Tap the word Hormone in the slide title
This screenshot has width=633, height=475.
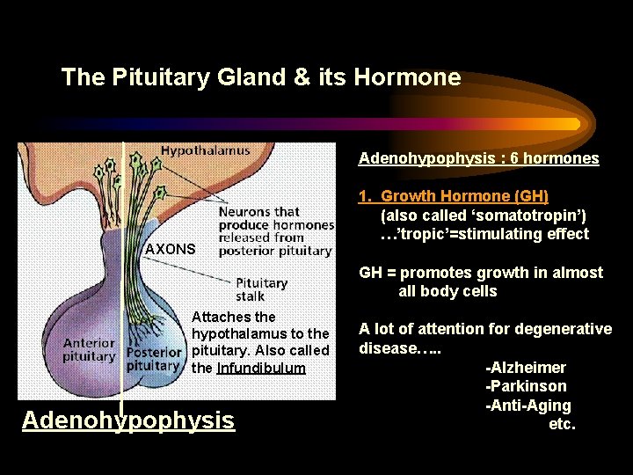407,77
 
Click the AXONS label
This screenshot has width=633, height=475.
171,249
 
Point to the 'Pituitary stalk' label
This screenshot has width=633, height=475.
261,289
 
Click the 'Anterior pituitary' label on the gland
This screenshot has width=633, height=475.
89,350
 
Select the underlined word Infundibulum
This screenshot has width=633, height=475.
261,368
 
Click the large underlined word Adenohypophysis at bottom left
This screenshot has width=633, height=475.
128,420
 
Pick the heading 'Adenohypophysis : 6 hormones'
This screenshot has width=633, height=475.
478,159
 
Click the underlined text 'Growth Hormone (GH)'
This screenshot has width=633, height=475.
464,196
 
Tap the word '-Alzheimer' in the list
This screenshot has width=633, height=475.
526,368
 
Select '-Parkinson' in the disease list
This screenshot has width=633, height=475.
526,386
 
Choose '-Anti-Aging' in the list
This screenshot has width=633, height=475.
527,406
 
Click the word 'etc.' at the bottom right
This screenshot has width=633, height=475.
562,424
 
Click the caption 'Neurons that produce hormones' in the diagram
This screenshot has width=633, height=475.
276,219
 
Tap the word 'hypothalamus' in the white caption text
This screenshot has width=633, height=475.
233,334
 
